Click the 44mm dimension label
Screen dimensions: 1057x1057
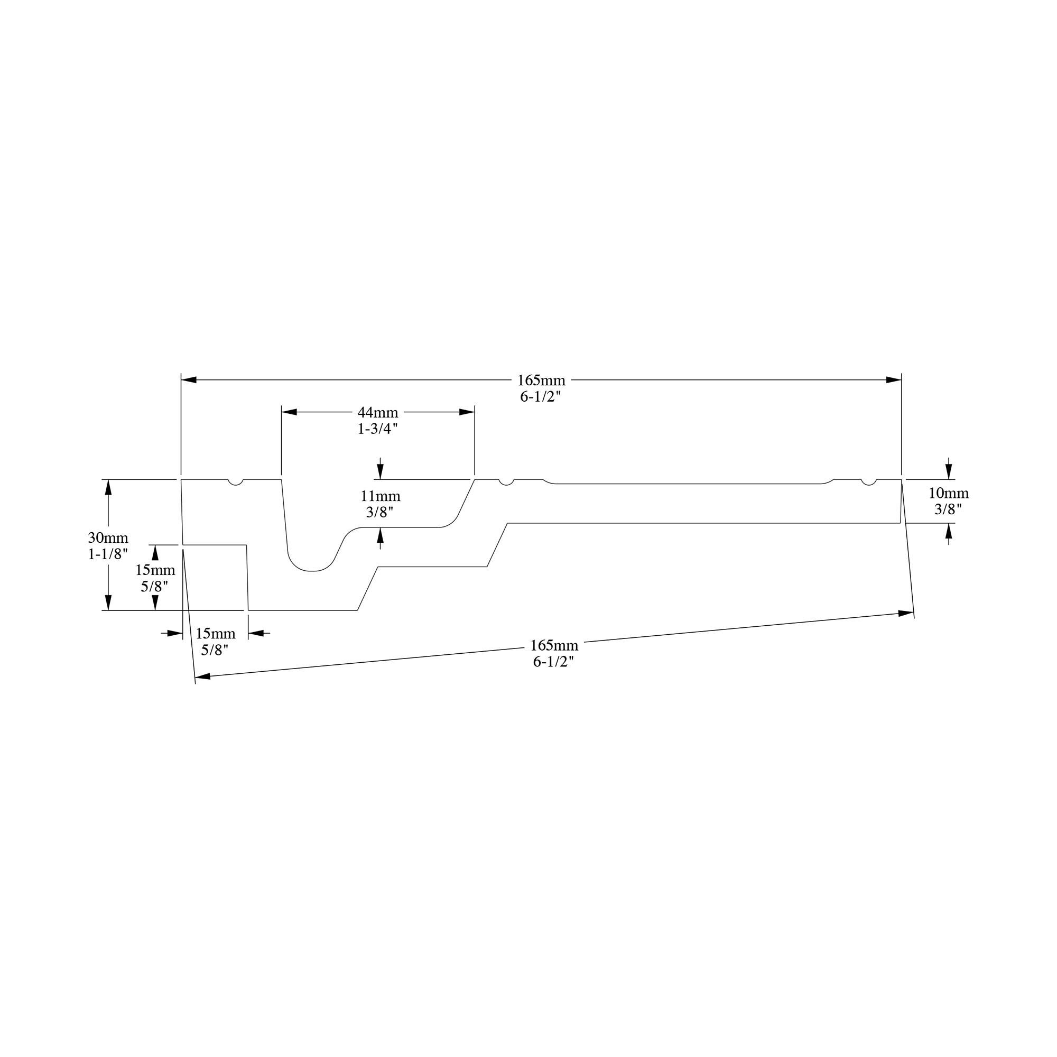coord(378,413)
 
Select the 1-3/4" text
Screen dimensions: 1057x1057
coord(377,429)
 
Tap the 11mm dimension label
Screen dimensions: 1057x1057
coord(380,496)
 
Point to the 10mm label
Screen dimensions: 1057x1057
coord(949,494)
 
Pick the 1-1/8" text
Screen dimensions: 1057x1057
coord(108,554)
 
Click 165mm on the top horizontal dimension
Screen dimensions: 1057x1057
coord(542,380)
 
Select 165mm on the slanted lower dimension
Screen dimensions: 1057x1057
coord(554,646)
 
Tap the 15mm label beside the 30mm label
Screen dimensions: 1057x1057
coord(155,570)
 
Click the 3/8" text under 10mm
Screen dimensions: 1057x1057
coord(948,509)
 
